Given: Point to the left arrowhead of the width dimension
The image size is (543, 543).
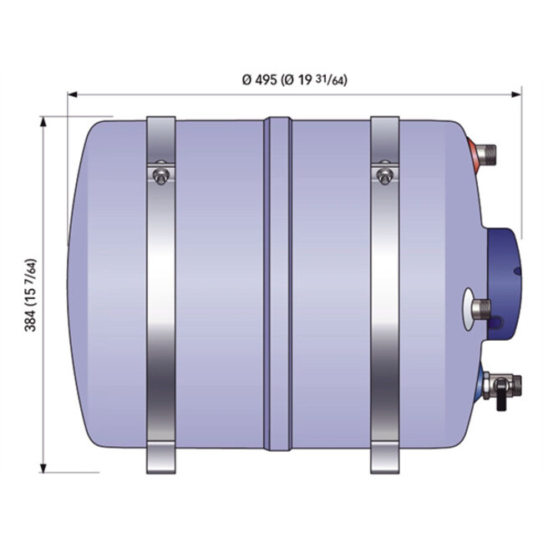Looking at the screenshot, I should [73, 94].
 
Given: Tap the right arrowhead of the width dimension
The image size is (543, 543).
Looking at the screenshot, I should [517, 94].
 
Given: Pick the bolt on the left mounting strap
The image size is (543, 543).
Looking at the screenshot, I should [160, 175].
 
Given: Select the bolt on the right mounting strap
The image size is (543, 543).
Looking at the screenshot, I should [383, 175].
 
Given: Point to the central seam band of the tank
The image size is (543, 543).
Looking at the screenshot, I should [277, 284].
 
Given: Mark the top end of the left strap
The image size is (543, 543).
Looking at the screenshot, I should [160, 125].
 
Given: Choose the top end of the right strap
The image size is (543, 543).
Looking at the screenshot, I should [383, 125].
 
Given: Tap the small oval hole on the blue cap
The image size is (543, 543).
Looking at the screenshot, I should [517, 271].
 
